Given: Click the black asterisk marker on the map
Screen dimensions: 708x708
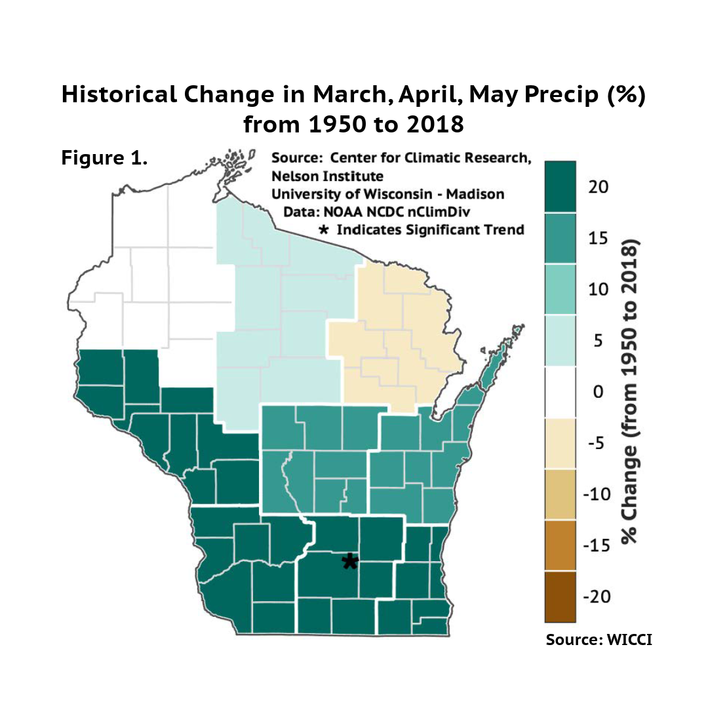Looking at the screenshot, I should coord(350,561).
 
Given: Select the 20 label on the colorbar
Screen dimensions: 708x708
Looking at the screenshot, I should coord(598,187).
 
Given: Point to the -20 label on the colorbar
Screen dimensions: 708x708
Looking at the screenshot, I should coord(596,597).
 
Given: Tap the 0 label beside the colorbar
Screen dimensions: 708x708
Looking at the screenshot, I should coord(597,392).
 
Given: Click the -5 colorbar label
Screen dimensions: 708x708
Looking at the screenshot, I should coord(596,443).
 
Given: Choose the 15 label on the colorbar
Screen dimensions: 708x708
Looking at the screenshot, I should coord(598,239).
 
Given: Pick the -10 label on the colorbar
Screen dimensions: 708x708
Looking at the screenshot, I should coord(596,494).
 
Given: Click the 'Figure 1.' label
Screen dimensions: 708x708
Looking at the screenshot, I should coord(104,159).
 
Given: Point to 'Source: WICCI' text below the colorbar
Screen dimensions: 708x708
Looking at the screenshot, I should coord(599,639).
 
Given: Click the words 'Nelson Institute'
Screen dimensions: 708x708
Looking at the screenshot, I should coord(327,176).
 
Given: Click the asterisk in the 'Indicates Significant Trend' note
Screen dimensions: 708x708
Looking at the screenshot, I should coord(323,230).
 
